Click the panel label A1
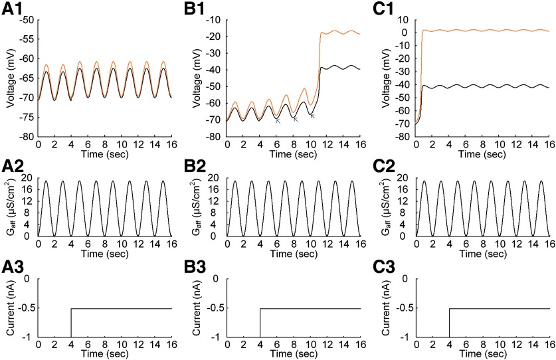tap(15, 11)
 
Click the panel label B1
tap(204, 11)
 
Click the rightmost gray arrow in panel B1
tap(312, 116)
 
